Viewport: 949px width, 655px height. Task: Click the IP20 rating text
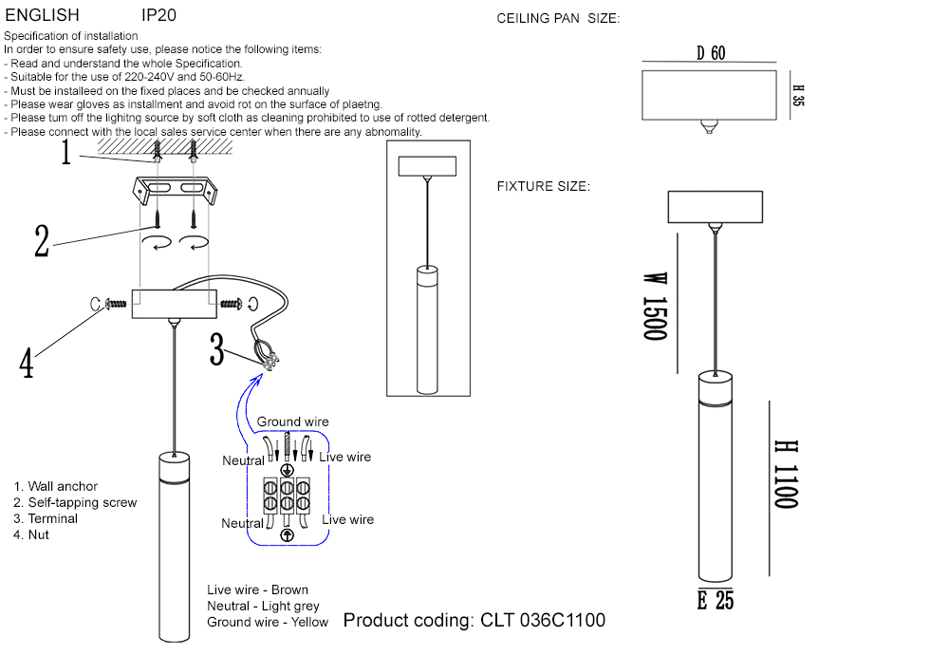click(x=158, y=16)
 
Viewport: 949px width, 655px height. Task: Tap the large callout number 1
click(x=66, y=152)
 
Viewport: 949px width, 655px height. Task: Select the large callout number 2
click(x=42, y=241)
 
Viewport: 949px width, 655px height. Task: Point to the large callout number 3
click(x=217, y=351)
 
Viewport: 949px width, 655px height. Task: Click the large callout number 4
click(x=27, y=362)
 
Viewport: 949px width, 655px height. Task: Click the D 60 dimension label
click(x=711, y=54)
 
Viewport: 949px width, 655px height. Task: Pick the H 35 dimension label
click(x=798, y=95)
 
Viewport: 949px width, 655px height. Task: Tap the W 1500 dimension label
click(x=655, y=307)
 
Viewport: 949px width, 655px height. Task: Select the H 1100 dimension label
click(x=785, y=475)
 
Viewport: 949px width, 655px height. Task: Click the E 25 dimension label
click(x=716, y=600)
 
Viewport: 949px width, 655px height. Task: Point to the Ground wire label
click(x=292, y=421)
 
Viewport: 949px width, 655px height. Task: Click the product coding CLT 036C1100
click(x=474, y=621)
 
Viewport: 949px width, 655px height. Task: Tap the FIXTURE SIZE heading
click(x=543, y=186)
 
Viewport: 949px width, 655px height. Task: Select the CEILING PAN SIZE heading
click(x=558, y=19)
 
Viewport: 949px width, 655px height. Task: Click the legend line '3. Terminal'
click(x=46, y=518)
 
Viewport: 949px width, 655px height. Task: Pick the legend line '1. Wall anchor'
click(x=55, y=486)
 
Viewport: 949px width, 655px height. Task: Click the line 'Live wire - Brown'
click(x=257, y=589)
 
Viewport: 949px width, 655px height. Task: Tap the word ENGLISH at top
click(x=42, y=16)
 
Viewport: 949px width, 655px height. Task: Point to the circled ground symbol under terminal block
click(x=288, y=534)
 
